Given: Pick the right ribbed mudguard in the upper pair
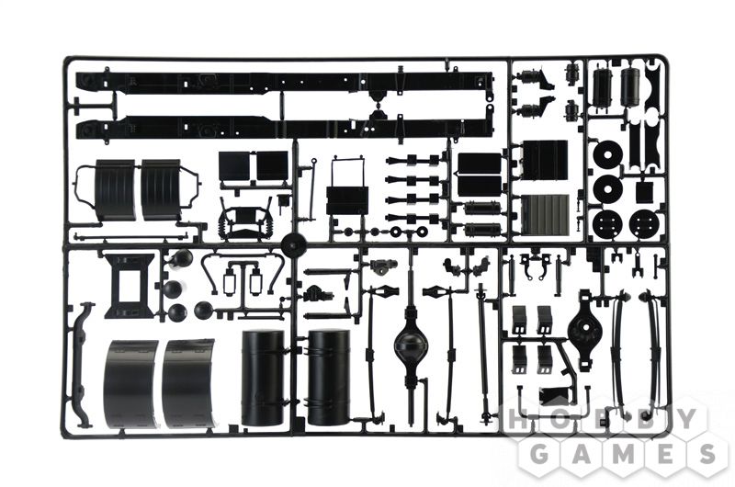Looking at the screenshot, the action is click(x=161, y=189).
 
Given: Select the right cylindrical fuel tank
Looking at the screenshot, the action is click(x=329, y=370).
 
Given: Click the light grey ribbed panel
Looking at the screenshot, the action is click(x=546, y=214).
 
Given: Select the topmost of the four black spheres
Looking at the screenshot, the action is click(x=181, y=259).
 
